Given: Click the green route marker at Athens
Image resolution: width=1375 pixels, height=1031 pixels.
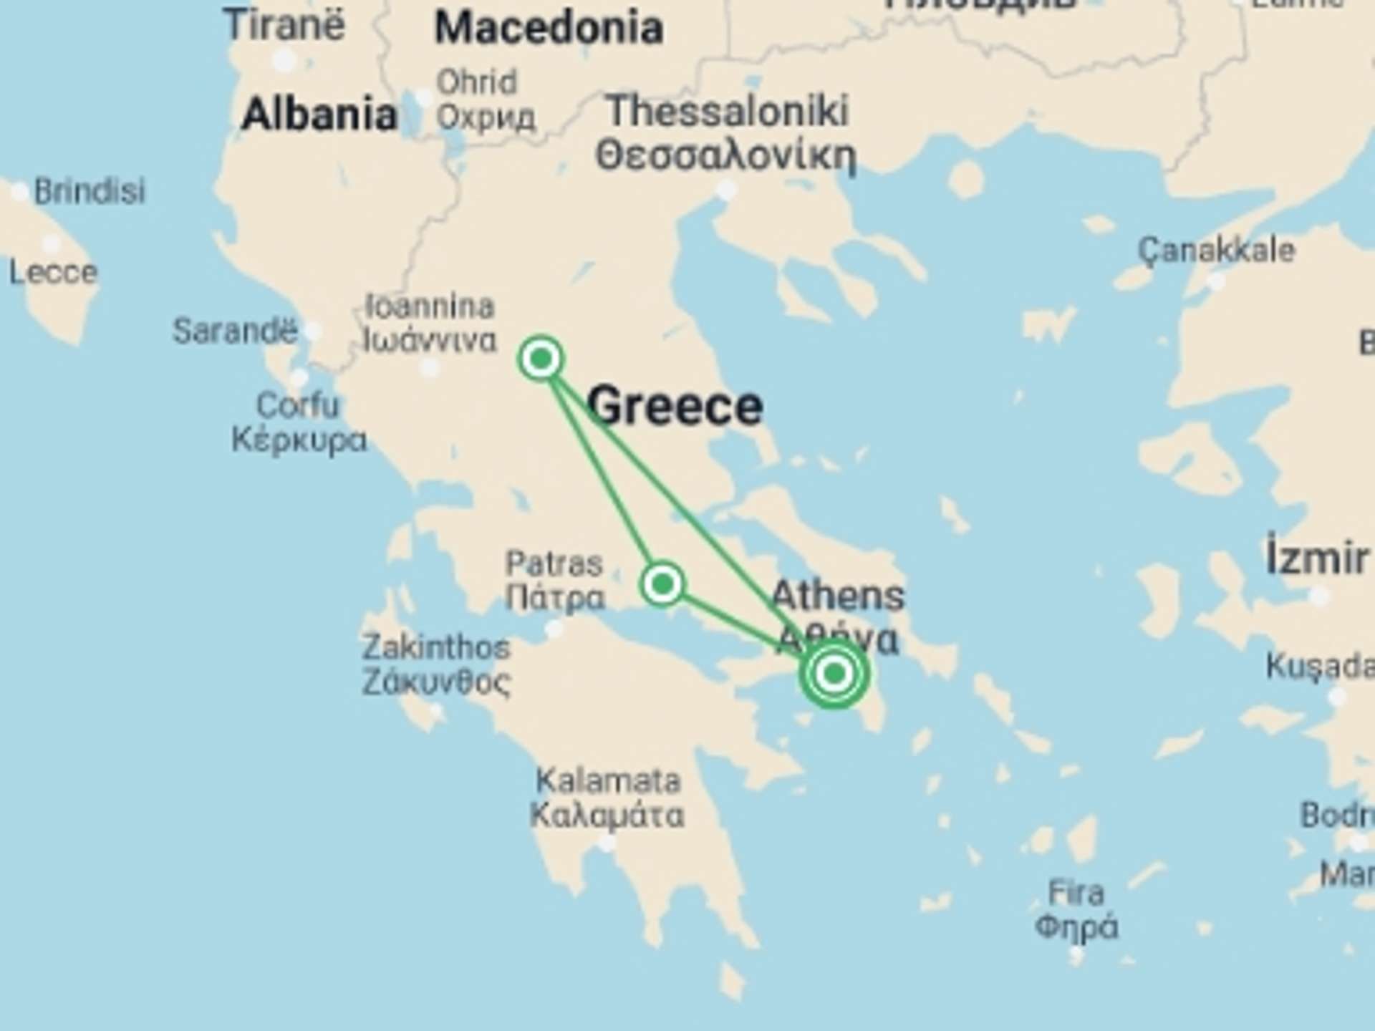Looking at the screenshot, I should click(x=834, y=673).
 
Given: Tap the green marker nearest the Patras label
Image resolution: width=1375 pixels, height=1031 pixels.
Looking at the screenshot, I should click(x=662, y=584).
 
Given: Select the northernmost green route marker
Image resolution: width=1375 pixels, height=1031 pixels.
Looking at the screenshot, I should click(x=541, y=358).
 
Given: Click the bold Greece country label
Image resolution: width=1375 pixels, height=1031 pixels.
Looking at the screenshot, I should click(x=675, y=406).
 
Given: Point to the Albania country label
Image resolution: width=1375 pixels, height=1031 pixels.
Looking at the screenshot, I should click(x=319, y=115).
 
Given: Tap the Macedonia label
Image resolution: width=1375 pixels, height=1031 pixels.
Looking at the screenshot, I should click(x=549, y=29).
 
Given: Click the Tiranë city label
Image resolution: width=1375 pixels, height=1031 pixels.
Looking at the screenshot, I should click(x=284, y=25).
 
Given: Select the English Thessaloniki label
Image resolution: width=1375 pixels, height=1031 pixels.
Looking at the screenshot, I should click(x=727, y=112).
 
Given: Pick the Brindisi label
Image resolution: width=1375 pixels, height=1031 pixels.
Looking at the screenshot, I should click(x=90, y=191).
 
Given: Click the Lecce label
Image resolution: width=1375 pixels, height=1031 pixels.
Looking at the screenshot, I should click(x=53, y=273).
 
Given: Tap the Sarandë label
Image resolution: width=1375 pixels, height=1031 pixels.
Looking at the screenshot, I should click(x=235, y=331).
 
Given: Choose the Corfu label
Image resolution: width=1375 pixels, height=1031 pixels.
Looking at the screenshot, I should click(x=297, y=406).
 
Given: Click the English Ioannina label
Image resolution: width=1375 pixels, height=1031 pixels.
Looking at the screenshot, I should click(x=430, y=307).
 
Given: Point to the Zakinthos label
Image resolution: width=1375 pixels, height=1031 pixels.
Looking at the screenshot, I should click(x=435, y=648).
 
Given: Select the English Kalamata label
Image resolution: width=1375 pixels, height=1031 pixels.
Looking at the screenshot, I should click(x=608, y=780).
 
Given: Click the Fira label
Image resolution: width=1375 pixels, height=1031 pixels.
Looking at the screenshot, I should click(x=1076, y=894).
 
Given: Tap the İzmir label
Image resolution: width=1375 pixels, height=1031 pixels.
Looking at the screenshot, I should click(x=1316, y=558).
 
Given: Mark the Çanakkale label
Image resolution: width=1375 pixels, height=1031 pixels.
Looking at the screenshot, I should click(x=1217, y=251).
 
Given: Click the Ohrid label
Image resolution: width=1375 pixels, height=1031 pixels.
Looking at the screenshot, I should click(x=477, y=82).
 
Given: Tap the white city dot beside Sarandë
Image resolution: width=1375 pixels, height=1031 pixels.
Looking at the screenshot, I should click(x=312, y=331).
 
